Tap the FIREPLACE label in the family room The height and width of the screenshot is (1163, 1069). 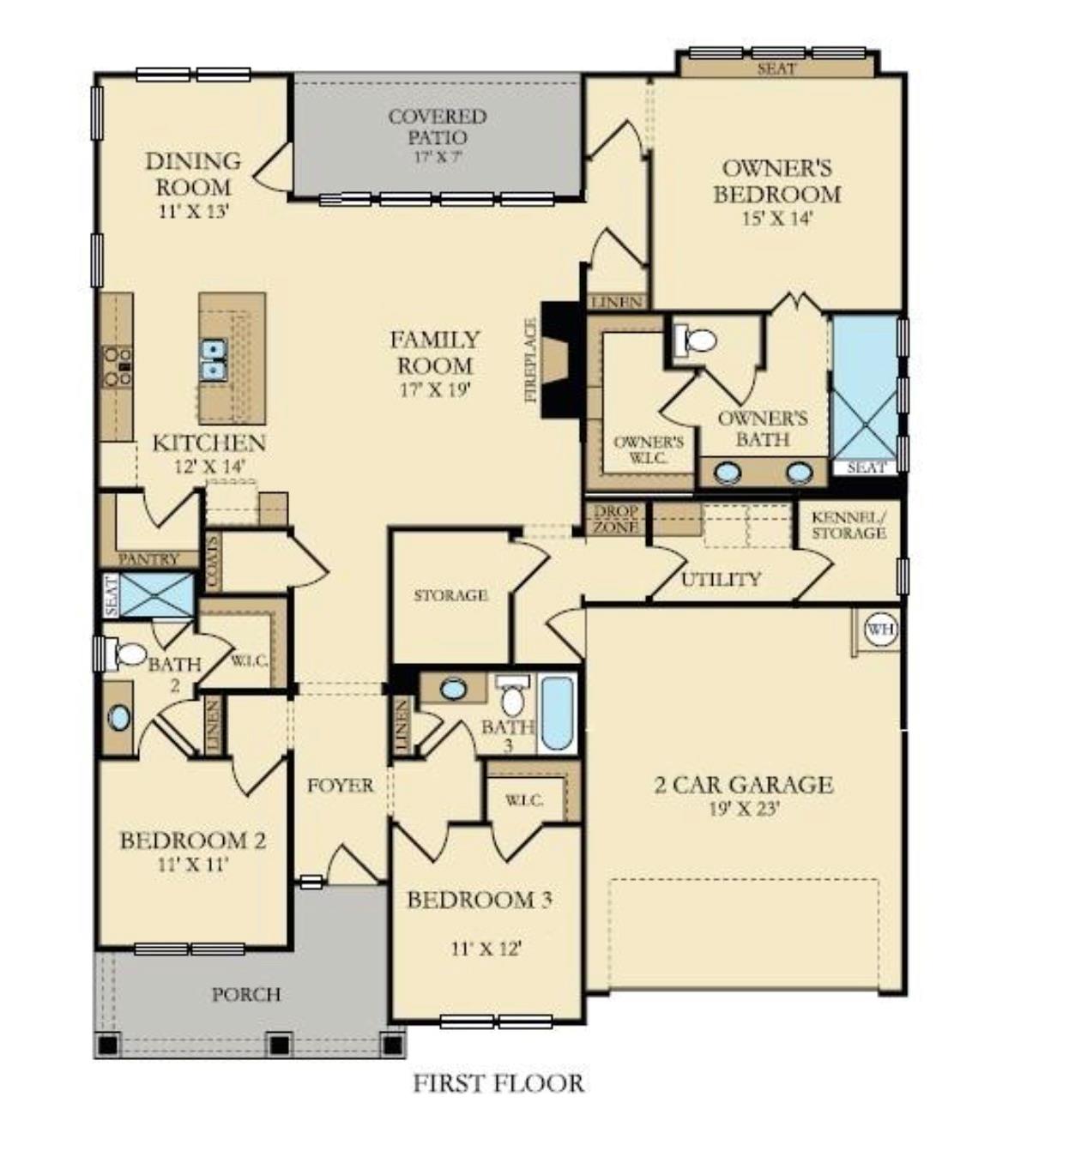[x=531, y=360]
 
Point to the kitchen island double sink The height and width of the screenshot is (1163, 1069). [x=212, y=359]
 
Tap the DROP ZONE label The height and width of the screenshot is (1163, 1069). [x=616, y=519]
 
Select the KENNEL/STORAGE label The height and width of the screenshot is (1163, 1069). [x=849, y=525]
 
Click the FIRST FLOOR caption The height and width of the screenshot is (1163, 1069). [x=498, y=1083]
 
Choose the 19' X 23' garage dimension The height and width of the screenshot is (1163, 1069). [x=743, y=808]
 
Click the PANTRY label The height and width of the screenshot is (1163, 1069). [x=148, y=559]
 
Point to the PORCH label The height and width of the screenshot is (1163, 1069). [x=246, y=994]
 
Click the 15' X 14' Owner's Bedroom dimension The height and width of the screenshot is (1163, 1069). [x=776, y=219]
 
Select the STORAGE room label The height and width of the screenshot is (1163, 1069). [x=450, y=595]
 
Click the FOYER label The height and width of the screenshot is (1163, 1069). [x=341, y=785]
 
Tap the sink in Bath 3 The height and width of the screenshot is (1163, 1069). [x=453, y=688]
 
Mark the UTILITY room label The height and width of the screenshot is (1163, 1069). [x=721, y=580]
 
